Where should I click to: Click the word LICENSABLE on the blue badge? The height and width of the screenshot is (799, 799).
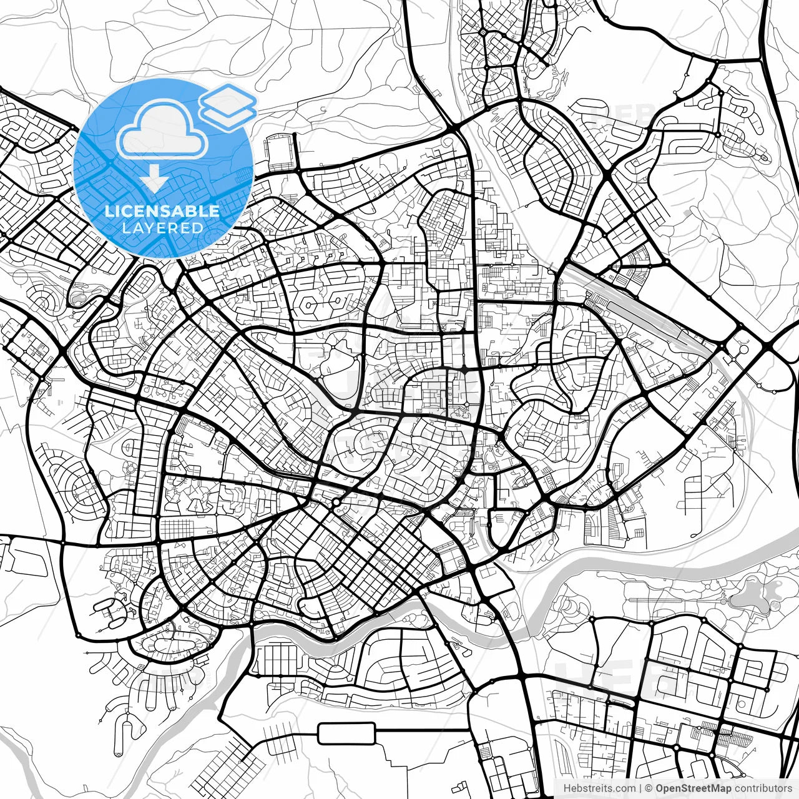[x=162, y=210]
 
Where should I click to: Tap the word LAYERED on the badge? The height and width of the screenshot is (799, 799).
[x=162, y=228]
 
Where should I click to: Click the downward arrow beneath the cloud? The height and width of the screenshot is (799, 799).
[x=154, y=179]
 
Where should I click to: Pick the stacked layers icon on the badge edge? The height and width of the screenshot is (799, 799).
[x=228, y=106]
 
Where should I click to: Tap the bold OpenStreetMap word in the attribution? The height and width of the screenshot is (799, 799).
[x=693, y=788]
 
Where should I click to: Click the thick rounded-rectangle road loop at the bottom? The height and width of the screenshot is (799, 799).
[x=346, y=733]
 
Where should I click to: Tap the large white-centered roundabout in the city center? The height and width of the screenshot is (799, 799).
[x=336, y=502]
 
